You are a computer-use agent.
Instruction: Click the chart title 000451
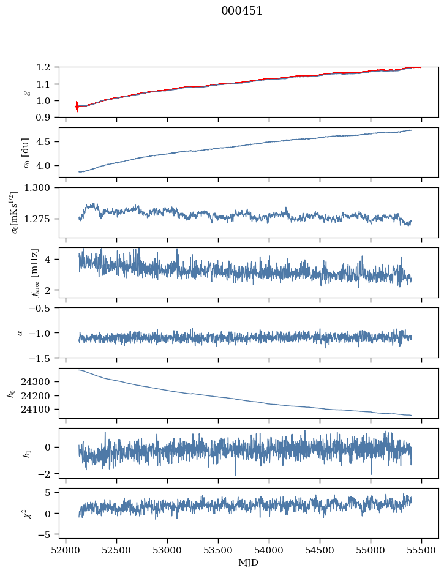[x=242, y=11]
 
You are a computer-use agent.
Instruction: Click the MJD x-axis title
[x=249, y=563]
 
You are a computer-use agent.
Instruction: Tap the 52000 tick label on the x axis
[x=66, y=551]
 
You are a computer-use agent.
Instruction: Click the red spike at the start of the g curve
[x=77, y=107]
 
